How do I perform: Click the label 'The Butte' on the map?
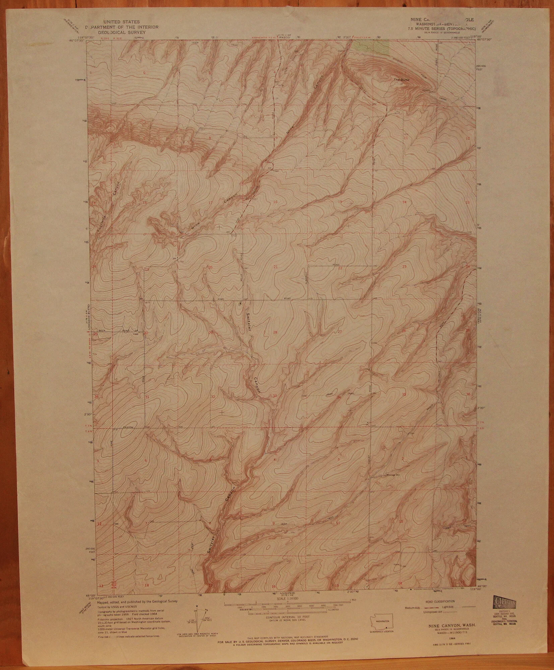(x=400, y=79)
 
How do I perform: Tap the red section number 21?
(x=275, y=267)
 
